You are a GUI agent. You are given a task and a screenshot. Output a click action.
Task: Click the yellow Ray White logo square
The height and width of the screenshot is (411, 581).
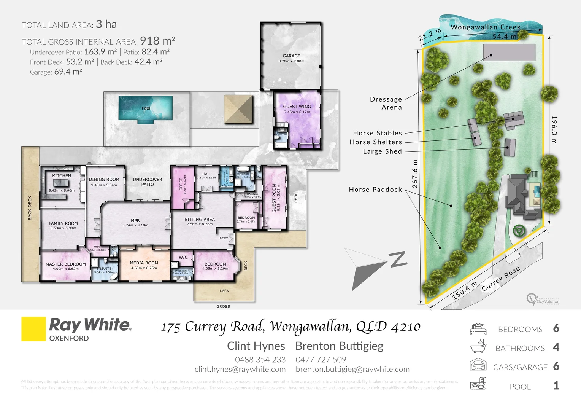coord(33,329)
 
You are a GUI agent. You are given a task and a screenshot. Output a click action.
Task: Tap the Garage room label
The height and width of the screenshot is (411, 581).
coord(291,56)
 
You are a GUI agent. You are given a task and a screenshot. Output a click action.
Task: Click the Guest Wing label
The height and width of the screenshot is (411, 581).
coord(297,107)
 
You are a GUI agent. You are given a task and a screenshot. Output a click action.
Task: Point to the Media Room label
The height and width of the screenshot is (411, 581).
coord(144,263)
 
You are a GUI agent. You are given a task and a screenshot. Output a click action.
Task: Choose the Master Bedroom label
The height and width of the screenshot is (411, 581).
coord(66,264)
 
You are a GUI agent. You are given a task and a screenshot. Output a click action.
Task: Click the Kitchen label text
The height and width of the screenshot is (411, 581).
coord(62,176)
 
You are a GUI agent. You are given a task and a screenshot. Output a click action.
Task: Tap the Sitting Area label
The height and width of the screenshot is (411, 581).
coord(200,220)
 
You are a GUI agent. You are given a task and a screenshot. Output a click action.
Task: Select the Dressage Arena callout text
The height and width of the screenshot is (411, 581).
coord(386,103)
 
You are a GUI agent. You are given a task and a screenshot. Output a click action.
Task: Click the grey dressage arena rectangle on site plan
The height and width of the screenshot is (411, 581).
coord(509,52)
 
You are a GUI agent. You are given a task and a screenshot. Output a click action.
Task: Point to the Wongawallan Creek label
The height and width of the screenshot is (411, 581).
coord(486,27)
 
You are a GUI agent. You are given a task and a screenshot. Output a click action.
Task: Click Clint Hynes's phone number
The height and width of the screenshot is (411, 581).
coord(260,360)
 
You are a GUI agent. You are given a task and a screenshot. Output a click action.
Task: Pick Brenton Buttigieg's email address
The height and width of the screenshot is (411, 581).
coord(352,369)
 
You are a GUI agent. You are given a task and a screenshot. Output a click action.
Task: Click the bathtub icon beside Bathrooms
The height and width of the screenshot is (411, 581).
coord(478,347)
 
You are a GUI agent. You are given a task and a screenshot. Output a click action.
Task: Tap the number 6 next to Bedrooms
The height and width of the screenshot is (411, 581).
coord(556,328)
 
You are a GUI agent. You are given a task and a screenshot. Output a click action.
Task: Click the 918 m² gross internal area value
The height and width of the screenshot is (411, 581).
coord(157,41)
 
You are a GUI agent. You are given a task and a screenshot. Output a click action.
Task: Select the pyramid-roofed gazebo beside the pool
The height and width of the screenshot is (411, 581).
coord(238,109)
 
